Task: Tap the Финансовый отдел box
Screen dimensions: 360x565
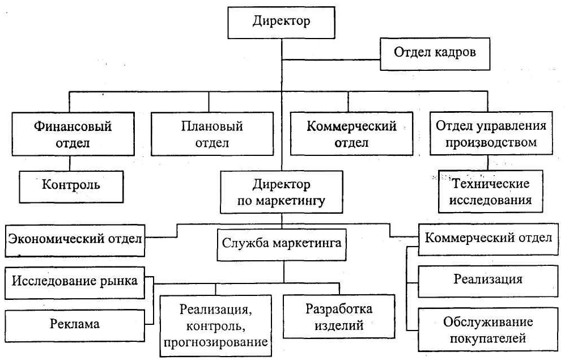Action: coord(69,134)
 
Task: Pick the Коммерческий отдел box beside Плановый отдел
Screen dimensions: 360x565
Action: coord(351,134)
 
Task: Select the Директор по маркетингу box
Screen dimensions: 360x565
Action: coord(281,193)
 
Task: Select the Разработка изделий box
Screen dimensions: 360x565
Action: coord(339,317)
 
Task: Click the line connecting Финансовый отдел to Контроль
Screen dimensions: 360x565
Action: coord(70,163)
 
